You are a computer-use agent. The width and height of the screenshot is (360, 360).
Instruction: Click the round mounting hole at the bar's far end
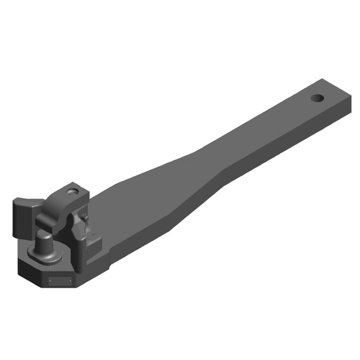tap(317, 98)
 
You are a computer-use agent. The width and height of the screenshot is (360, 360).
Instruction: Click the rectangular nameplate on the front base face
tap(59, 281)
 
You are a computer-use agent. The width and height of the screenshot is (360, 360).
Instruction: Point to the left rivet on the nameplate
tap(50, 281)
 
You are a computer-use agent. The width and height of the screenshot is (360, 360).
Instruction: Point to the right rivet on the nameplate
tap(70, 281)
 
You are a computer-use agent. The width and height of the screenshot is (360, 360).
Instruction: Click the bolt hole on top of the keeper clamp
tap(72, 191)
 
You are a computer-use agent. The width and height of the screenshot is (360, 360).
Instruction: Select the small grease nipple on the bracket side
tap(85, 217)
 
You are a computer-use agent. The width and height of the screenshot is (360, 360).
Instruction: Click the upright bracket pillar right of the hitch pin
tap(79, 252)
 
